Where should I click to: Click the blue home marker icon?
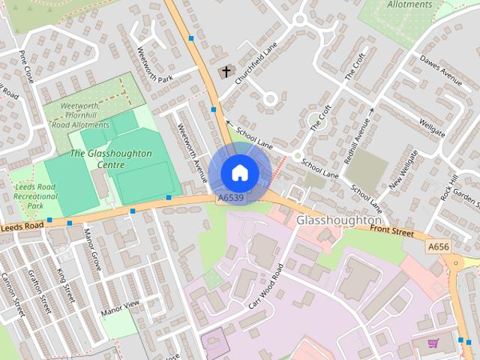[x=239, y=172]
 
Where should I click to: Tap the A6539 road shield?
[x=230, y=198]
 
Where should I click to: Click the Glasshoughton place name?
[x=339, y=220]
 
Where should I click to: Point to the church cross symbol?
[x=225, y=72]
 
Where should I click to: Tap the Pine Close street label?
[x=27, y=66]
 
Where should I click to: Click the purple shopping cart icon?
[x=433, y=344]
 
